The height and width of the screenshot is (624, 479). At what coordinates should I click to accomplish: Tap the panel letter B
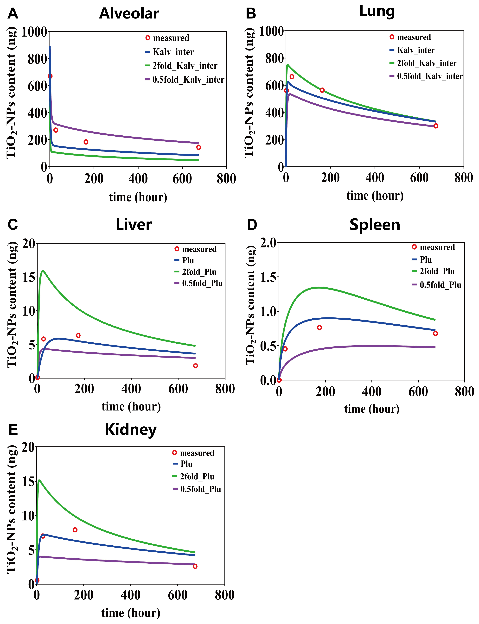251,14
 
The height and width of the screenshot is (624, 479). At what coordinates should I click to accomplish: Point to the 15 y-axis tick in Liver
29,277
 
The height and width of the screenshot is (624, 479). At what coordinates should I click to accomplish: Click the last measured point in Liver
195,366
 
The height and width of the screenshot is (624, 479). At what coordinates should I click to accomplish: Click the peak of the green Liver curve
43,271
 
